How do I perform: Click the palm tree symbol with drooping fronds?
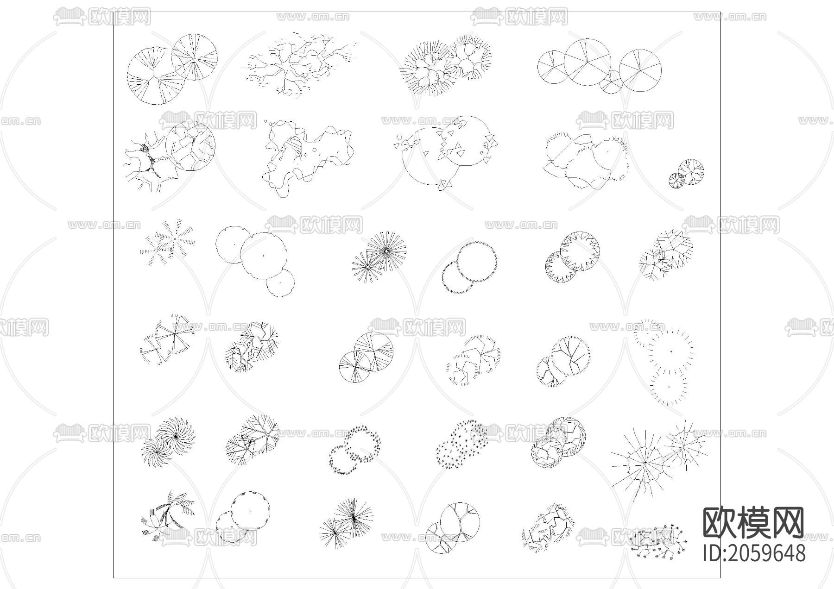[x=168, y=515]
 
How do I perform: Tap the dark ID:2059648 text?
[x=754, y=553]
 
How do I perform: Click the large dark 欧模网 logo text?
[x=754, y=522]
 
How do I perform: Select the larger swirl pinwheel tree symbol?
[x=175, y=436]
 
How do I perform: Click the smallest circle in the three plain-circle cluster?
[x=280, y=282]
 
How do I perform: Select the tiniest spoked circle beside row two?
[x=676, y=180]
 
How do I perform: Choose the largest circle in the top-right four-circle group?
[x=588, y=62]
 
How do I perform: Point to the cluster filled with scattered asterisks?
[x=461, y=444]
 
